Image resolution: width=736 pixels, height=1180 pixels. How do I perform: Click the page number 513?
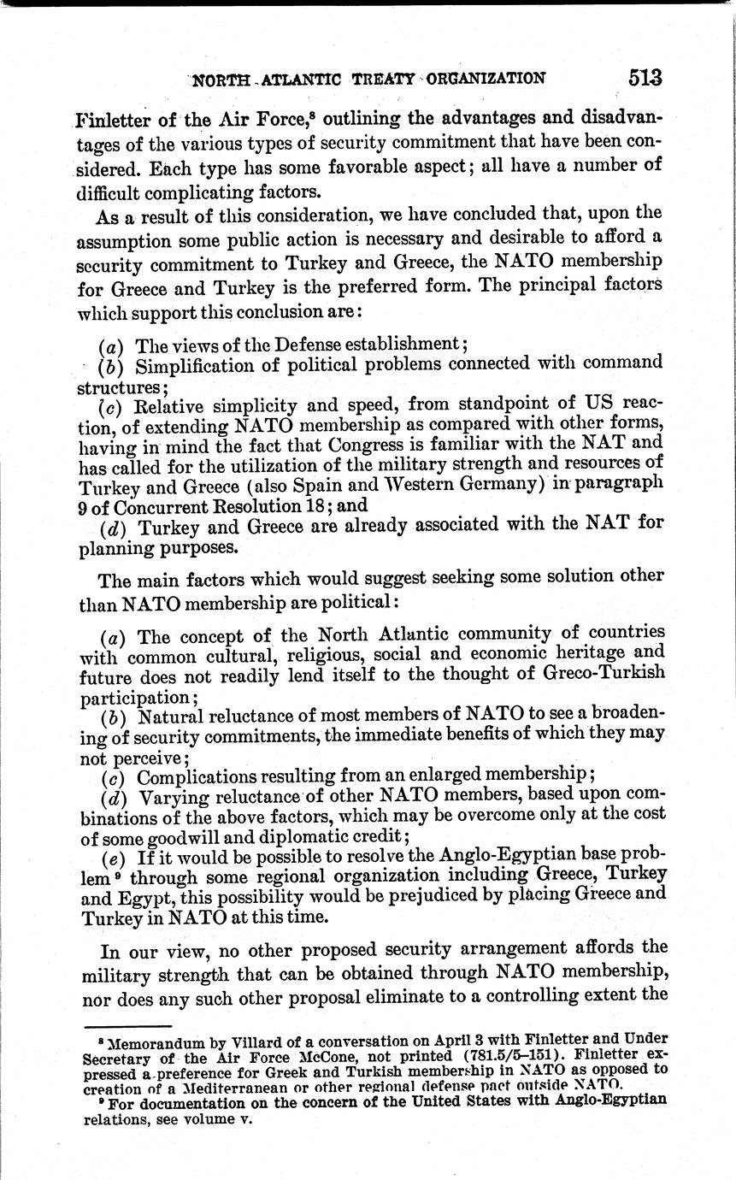(x=645, y=78)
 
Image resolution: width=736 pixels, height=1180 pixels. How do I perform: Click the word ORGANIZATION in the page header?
(x=486, y=79)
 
